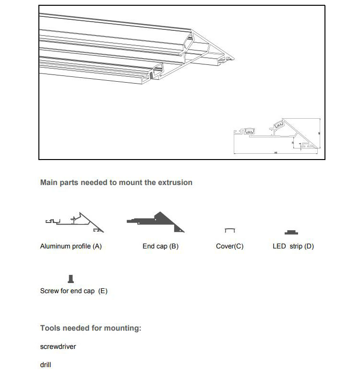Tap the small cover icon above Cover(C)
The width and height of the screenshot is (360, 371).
tap(230, 231)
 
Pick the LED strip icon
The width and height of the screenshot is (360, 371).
tap(291, 233)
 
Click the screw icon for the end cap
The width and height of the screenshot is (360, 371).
tap(72, 279)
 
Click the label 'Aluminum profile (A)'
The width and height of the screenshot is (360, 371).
tap(71, 246)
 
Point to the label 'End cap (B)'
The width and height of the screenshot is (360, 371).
tap(160, 246)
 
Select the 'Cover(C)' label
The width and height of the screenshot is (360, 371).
tap(229, 246)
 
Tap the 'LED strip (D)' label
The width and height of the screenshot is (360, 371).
tap(293, 246)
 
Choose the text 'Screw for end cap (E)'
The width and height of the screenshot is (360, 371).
tap(73, 291)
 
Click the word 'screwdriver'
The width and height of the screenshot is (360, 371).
tap(58, 346)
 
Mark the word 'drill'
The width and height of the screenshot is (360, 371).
tap(46, 365)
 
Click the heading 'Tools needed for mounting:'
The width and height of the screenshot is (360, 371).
tap(91, 328)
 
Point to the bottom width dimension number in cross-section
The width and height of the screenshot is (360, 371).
tap(275, 153)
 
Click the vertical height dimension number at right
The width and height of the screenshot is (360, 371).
tap(319, 133)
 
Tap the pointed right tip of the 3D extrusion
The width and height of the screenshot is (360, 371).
tap(235, 59)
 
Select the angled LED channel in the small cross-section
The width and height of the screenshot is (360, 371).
tap(278, 125)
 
